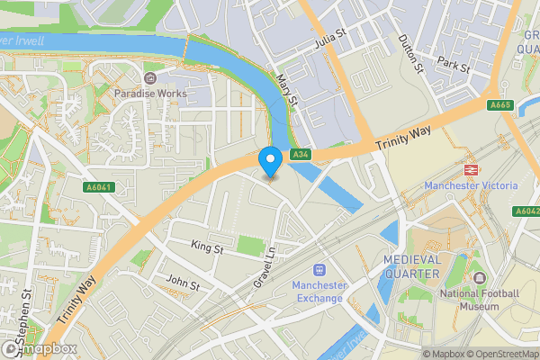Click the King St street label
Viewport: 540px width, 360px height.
click(x=206, y=245)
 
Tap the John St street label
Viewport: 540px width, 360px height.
click(x=183, y=283)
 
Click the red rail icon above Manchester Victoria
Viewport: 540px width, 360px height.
click(x=470, y=169)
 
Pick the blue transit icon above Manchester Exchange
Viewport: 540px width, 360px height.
click(x=319, y=269)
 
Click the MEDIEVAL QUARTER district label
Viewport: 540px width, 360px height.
click(x=411, y=266)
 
